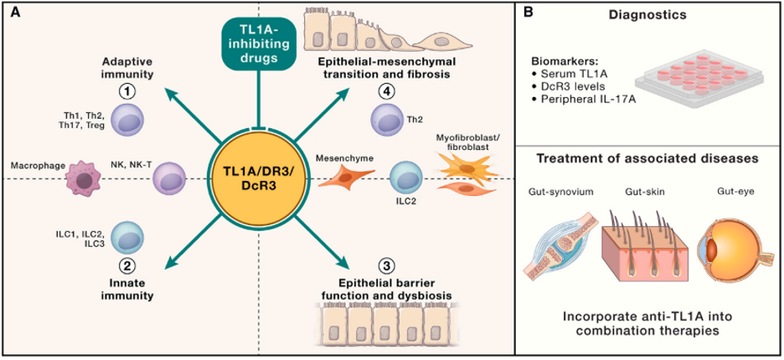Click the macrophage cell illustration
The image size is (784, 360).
click(82, 178)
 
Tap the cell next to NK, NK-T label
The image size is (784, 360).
click(169, 177)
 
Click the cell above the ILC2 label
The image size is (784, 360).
click(406, 177)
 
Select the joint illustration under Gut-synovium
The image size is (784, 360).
click(560, 245)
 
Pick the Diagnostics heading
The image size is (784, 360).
click(649, 16)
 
